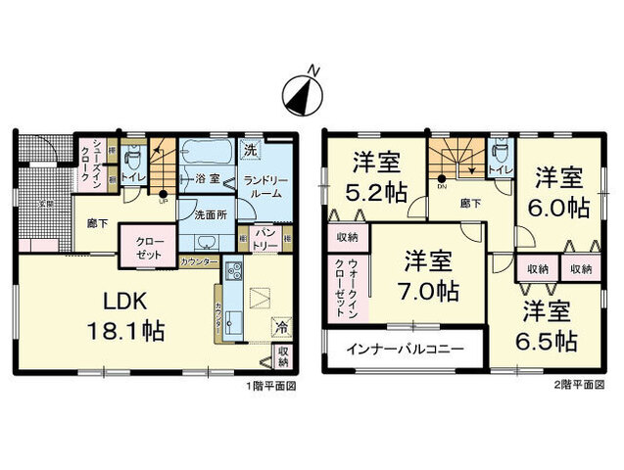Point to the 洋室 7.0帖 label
[432, 277]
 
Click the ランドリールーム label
[264, 186]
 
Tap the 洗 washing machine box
[250, 151]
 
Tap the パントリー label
[267, 238]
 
